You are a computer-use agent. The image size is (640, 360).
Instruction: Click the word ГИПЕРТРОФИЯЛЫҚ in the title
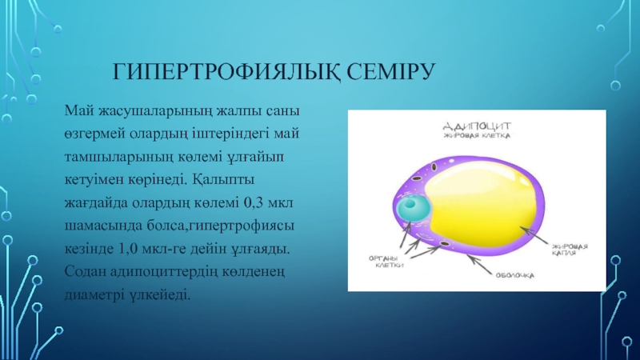[x=226, y=73]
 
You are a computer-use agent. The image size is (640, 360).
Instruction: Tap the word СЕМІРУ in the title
[x=391, y=71]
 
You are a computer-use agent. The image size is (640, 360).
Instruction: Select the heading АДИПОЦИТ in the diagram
[x=477, y=126]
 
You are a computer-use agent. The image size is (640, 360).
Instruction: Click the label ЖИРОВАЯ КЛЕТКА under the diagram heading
[x=477, y=135]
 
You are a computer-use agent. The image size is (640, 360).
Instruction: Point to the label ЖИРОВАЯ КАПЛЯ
[x=570, y=250]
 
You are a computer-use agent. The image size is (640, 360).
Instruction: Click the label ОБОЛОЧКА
[x=514, y=275]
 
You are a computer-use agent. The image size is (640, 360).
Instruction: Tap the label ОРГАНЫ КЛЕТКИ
[x=386, y=262]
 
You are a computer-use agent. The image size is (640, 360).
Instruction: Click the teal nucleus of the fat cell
[x=413, y=207]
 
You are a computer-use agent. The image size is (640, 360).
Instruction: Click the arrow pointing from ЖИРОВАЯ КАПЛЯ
[x=534, y=235]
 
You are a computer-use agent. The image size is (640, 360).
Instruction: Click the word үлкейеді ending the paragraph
[x=159, y=294]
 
